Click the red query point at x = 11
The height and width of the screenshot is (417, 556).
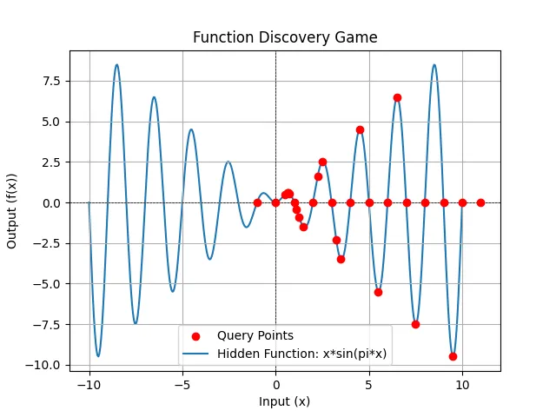pyautogui.click(x=480, y=202)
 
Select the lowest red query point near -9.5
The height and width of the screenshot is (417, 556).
pyautogui.click(x=453, y=356)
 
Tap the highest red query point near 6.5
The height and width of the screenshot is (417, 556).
pyautogui.click(x=397, y=97)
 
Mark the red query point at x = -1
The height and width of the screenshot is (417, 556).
pyautogui.click(x=257, y=202)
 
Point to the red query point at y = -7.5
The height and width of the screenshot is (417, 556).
pyautogui.click(x=415, y=324)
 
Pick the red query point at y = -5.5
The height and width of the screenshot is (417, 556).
pyautogui.click(x=378, y=292)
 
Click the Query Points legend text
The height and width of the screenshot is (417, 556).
pyautogui.click(x=255, y=335)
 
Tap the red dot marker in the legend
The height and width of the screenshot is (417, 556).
pyautogui.click(x=195, y=335)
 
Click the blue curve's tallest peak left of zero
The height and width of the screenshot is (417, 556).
pyautogui.click(x=116, y=64)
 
